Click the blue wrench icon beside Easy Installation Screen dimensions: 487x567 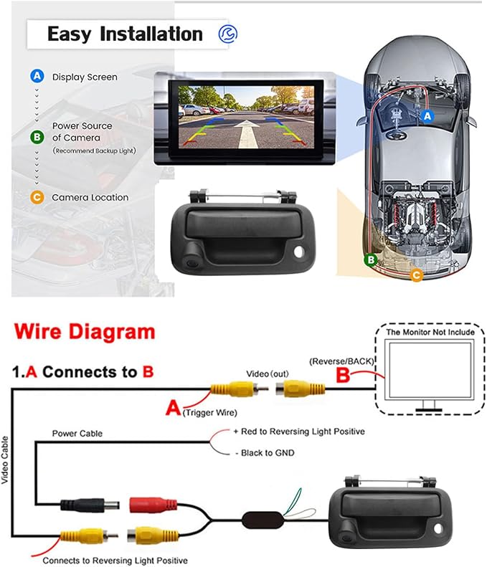[228, 34]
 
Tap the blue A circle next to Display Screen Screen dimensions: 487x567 [37, 76]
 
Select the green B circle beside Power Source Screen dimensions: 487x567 [37, 137]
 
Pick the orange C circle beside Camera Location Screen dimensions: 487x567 [37, 197]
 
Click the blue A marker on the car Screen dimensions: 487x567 [427, 116]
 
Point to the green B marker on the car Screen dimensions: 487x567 [371, 259]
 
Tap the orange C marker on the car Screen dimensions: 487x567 [417, 275]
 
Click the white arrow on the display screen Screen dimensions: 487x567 [247, 133]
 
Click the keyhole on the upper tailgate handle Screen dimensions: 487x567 [299, 252]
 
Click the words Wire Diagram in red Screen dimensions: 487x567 [85, 332]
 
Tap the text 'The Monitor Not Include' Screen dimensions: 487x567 [430, 332]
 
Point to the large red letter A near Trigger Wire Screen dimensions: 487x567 [173, 408]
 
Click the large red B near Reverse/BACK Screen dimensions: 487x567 [343, 375]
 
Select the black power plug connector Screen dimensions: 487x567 [90, 505]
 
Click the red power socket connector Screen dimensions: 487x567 [153, 505]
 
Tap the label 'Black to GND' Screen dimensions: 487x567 [265, 453]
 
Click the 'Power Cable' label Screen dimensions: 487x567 [77, 433]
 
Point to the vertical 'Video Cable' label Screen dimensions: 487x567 [5, 459]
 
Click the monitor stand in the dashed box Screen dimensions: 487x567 [429, 406]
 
